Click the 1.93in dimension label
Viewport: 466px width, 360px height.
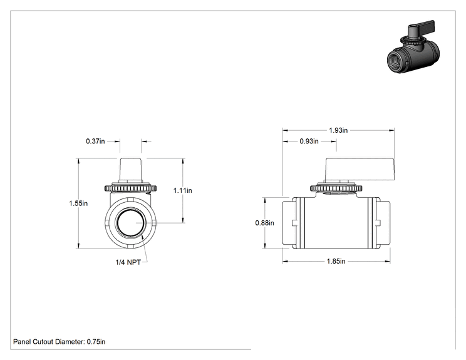pos(338,130)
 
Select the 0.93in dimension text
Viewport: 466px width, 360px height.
pos(309,141)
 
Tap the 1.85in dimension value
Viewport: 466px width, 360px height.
pos(336,261)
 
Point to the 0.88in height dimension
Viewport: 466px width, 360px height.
pos(264,223)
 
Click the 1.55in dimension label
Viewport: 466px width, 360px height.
pos(78,203)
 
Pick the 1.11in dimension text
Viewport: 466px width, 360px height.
pos(183,190)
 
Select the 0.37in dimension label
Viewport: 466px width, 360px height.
pos(95,141)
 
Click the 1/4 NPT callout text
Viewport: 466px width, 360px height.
pos(128,262)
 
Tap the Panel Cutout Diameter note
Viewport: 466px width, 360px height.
pos(59,342)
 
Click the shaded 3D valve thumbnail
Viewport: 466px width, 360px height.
pos(413,46)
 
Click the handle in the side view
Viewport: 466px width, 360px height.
pos(360,169)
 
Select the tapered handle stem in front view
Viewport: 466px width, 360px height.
pos(130,169)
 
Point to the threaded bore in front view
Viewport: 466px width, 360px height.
pos(131,223)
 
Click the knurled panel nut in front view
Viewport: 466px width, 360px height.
pos(130,188)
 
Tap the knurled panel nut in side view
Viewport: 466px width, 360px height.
pos(336,188)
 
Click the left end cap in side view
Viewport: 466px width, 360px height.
pos(287,223)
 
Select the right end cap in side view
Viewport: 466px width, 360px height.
pos(385,223)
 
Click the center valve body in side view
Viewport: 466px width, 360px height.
pos(336,223)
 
